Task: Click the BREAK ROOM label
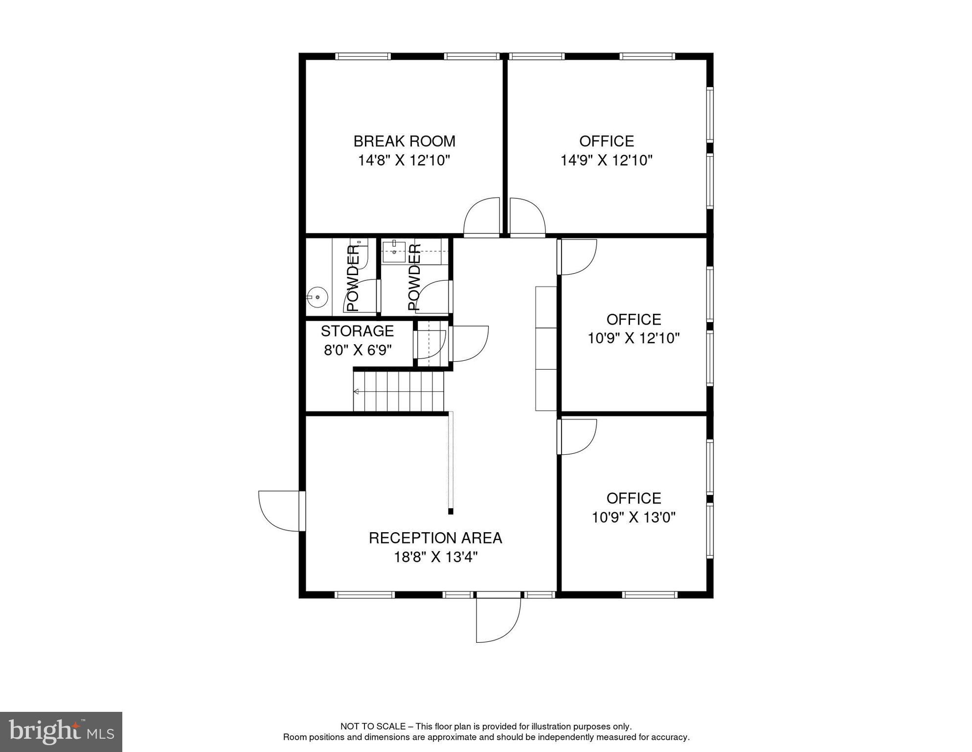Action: (x=404, y=141)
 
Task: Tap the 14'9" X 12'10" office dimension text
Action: (x=606, y=160)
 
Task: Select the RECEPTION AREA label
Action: (x=435, y=538)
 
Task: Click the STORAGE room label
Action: (x=357, y=331)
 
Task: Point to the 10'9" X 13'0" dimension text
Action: (x=633, y=517)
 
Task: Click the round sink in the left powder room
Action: (x=317, y=297)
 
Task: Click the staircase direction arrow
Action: (x=356, y=391)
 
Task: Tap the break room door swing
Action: (x=482, y=217)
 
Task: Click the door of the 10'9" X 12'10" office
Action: (x=578, y=257)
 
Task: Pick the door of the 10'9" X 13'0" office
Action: (x=578, y=436)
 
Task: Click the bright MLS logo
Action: (x=61, y=731)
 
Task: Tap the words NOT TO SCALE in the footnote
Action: (x=372, y=727)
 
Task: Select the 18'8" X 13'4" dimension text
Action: (x=435, y=557)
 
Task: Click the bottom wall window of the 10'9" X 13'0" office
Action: (x=649, y=595)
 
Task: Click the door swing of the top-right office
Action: (x=527, y=217)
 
